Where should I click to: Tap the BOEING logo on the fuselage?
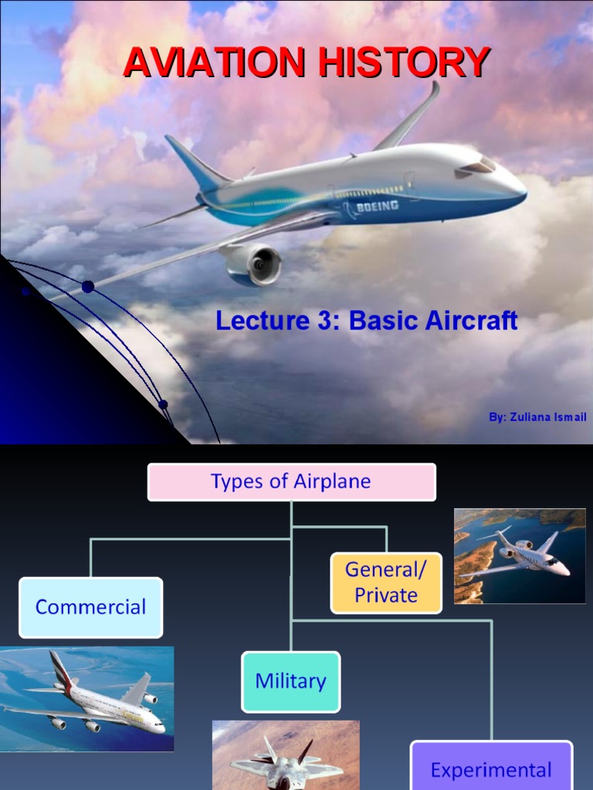[377, 206]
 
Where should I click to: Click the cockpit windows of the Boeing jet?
[479, 166]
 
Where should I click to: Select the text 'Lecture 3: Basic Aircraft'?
[366, 320]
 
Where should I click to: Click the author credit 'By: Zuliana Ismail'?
[537, 417]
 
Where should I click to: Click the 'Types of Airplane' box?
[291, 482]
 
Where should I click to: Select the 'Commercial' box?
[90, 607]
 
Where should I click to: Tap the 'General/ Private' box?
[386, 582]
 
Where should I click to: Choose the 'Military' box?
[290, 681]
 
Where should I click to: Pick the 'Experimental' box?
[491, 768]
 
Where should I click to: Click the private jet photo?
[520, 555]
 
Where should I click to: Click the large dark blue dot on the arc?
[88, 287]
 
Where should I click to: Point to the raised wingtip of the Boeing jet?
[434, 90]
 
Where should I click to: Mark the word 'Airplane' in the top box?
[332, 482]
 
